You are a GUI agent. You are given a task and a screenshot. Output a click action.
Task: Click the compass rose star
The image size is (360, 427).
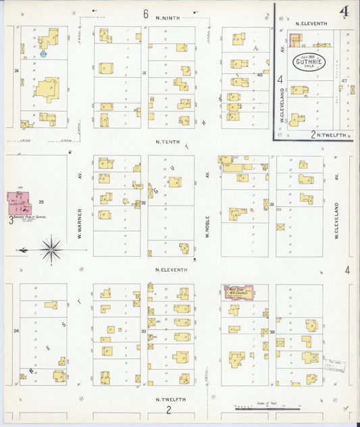point(51,249)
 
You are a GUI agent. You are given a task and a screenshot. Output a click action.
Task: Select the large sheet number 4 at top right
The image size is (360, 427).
point(344,11)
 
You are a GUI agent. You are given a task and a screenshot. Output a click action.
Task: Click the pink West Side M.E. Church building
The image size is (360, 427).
point(238,292)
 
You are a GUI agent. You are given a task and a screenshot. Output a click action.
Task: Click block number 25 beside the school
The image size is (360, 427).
point(41,202)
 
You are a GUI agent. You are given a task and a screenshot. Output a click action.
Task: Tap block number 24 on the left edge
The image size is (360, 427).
point(16,331)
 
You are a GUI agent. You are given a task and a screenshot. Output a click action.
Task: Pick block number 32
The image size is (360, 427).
point(144,203)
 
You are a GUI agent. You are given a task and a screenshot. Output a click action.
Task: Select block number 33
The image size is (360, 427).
point(144,331)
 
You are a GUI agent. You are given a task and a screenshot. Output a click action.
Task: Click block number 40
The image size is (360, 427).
point(259,75)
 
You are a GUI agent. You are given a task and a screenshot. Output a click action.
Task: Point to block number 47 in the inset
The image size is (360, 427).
point(344,80)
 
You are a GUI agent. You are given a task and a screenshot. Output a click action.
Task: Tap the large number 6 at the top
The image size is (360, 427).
point(145,14)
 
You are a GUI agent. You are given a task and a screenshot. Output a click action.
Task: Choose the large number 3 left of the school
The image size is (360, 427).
point(10,220)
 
